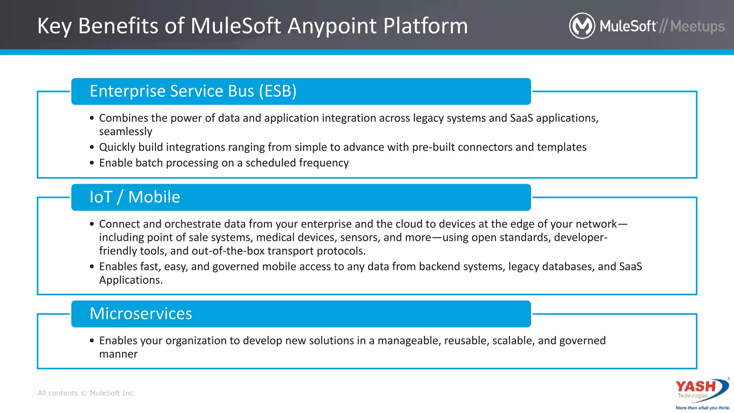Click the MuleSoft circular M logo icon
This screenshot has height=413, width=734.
coord(582,26)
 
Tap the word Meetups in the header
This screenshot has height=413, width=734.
coord(697,26)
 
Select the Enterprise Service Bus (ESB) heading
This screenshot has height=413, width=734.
coord(193,91)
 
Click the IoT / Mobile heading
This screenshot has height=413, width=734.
coord(135,197)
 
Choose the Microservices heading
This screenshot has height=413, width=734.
coord(141,314)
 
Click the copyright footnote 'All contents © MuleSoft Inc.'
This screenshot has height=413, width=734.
coord(86,393)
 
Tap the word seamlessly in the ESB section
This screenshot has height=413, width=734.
coord(125,132)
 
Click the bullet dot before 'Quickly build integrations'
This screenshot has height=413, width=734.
coord(92,147)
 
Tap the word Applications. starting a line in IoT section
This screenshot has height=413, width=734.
coord(131,280)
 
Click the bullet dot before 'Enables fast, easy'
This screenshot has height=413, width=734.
coord(92,266)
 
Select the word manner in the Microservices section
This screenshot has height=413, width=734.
coord(118,354)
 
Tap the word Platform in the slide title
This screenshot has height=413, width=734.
coord(425,26)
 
